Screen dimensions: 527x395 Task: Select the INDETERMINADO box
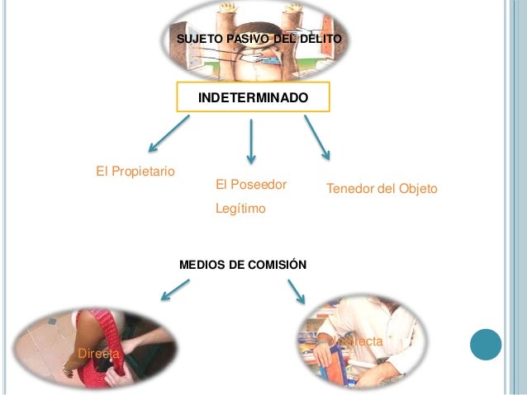pyautogui.click(x=253, y=98)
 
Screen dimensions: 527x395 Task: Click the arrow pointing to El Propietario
pyautogui.click(x=169, y=134)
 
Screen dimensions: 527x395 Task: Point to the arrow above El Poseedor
pyautogui.click(x=251, y=141)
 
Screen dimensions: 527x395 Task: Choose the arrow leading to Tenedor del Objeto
pyautogui.click(x=317, y=137)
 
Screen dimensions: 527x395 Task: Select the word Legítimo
pyautogui.click(x=240, y=209)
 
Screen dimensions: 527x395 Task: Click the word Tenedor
pyautogui.click(x=349, y=190)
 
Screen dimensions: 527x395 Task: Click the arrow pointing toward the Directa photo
pyautogui.click(x=174, y=289)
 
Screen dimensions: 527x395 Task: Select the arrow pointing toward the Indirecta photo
pyautogui.click(x=297, y=290)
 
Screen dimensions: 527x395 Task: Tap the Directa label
pyautogui.click(x=97, y=353)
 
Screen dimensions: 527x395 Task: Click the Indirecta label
pyautogui.click(x=356, y=341)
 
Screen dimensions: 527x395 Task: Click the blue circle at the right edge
pyautogui.click(x=486, y=344)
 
